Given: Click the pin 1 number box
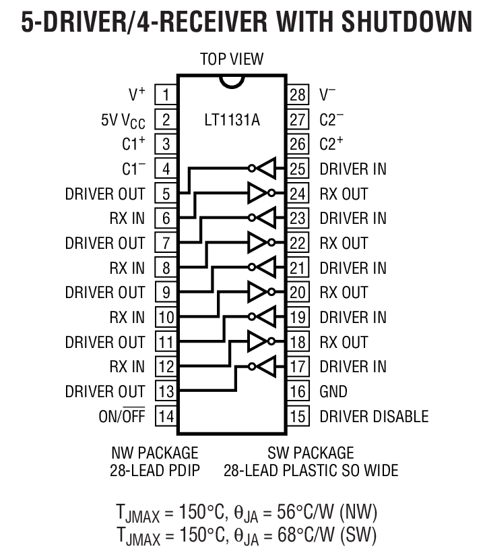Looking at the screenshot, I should point(166,94).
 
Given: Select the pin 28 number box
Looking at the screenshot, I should point(298,94).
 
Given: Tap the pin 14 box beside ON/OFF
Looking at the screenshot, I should point(166,416).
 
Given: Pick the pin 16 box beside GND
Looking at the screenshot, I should point(298,391).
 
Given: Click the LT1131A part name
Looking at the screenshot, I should point(232,121).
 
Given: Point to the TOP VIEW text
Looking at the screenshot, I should point(232,59).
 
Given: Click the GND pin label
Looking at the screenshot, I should point(333,391).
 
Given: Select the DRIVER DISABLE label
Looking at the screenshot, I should point(374,416).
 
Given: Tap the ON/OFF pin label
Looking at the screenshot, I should point(121,416).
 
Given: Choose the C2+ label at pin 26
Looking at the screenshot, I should point(331,144).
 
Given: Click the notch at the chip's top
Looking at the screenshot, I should point(232,80).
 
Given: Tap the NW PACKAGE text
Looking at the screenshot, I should point(155,452).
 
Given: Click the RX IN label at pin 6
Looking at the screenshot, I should point(127,218).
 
